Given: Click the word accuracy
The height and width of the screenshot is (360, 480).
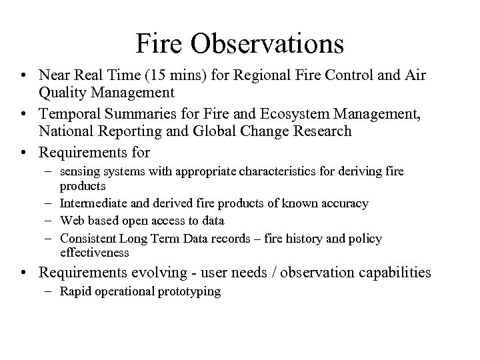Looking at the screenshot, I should pos(343,203).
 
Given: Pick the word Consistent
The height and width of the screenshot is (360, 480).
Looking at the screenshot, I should pos(88,238).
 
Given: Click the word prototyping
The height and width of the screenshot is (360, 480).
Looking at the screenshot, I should pos(189,292).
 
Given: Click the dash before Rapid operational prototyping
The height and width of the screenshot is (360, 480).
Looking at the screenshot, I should pos(51,292).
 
